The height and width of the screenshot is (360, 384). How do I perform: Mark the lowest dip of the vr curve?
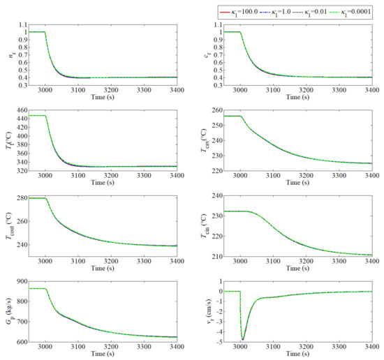242,339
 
